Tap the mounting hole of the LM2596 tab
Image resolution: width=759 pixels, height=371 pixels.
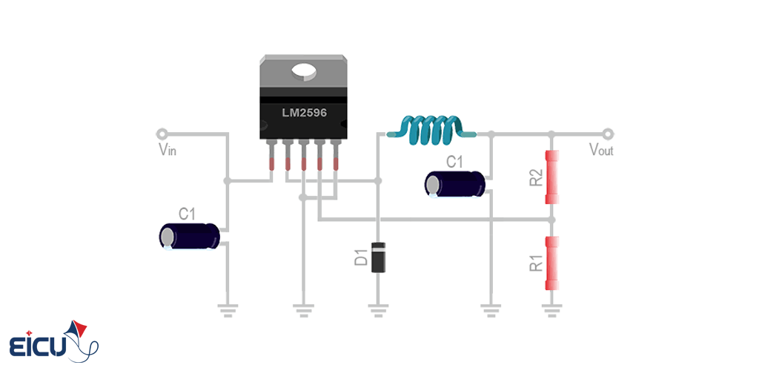click(304, 71)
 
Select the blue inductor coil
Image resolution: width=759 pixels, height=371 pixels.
click(432, 129)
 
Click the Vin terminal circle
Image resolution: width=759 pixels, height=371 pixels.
click(161, 134)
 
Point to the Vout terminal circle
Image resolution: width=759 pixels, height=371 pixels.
click(608, 134)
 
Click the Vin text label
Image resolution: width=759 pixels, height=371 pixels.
click(167, 150)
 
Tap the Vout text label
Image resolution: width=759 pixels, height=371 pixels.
click(600, 150)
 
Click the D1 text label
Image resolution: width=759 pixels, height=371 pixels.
click(361, 258)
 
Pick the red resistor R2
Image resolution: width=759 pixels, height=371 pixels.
click(551, 177)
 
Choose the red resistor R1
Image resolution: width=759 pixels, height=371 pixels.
click(551, 263)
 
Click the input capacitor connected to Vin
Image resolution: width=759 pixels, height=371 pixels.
click(190, 237)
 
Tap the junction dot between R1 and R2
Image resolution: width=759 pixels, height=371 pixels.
click(551, 220)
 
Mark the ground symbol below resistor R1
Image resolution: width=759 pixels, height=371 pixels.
click(551, 309)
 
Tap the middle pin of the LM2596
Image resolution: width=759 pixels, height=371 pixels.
click(303, 156)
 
